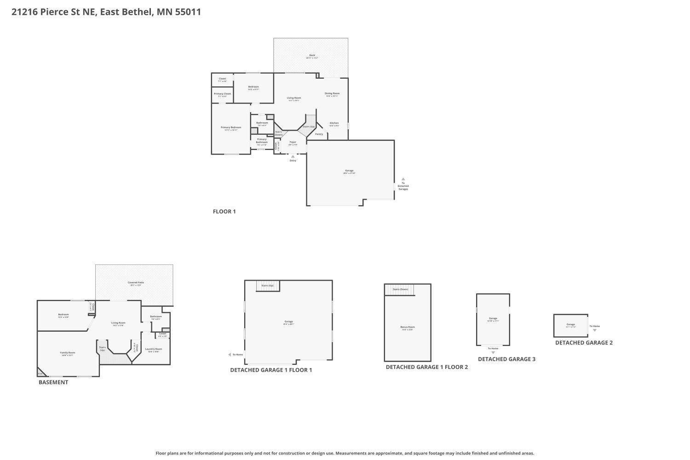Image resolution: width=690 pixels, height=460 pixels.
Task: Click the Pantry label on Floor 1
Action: [x=319, y=134]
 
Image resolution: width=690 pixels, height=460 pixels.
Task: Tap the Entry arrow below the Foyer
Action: [x=293, y=156]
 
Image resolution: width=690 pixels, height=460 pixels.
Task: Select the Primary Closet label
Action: [x=222, y=93]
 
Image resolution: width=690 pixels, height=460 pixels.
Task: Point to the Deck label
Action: [x=312, y=55]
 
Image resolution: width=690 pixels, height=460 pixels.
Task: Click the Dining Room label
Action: [x=332, y=93]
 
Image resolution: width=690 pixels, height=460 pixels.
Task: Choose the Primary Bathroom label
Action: [x=262, y=141]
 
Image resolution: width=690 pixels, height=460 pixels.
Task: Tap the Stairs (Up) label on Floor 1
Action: [x=309, y=126]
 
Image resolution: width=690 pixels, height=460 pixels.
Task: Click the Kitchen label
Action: [x=334, y=123]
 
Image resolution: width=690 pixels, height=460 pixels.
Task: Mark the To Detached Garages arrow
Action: [x=403, y=179]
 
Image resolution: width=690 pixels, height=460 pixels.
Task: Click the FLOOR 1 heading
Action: [x=224, y=212]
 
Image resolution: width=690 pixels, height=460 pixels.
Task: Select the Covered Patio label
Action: [x=136, y=282]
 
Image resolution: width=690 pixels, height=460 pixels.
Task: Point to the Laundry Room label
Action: [x=154, y=349]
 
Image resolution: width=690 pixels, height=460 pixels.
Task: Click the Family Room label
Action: [x=68, y=353]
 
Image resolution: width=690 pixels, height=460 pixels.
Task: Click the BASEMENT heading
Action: [x=53, y=382]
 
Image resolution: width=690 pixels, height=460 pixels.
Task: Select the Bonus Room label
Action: [x=408, y=327]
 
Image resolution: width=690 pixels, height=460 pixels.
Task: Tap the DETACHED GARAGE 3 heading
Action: [x=506, y=359]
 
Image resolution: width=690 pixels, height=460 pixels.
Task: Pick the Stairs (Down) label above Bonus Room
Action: [x=400, y=289]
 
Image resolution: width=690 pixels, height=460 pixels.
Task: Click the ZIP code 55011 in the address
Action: [x=188, y=12]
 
